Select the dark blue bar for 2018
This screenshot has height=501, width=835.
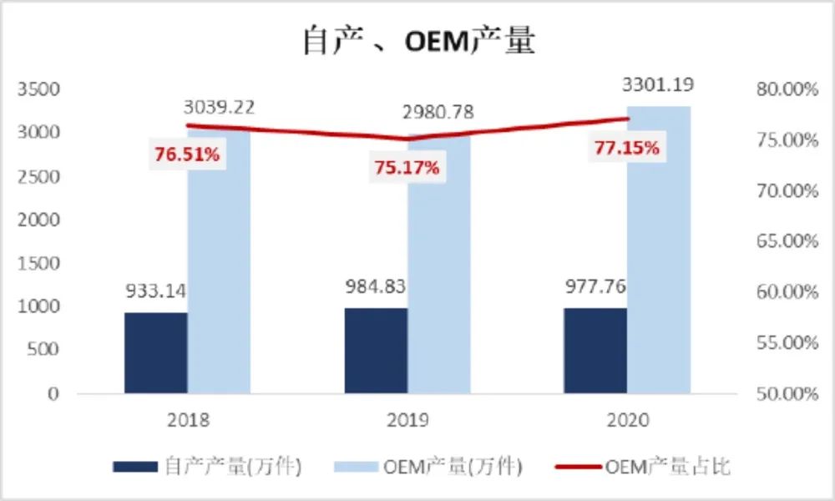(156, 352)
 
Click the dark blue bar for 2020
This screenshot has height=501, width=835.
(595, 351)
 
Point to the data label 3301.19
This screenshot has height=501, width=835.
(658, 85)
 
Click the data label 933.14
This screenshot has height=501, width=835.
(156, 291)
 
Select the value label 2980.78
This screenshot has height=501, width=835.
(438, 112)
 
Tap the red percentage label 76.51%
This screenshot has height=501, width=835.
(187, 154)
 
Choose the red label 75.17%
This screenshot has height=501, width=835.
(406, 167)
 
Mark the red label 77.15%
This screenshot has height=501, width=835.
(626, 149)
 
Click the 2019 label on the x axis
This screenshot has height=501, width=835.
(407, 419)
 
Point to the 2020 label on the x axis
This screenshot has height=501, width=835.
(626, 419)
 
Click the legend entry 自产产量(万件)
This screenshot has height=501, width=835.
(209, 467)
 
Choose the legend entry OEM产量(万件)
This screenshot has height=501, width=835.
(428, 467)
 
